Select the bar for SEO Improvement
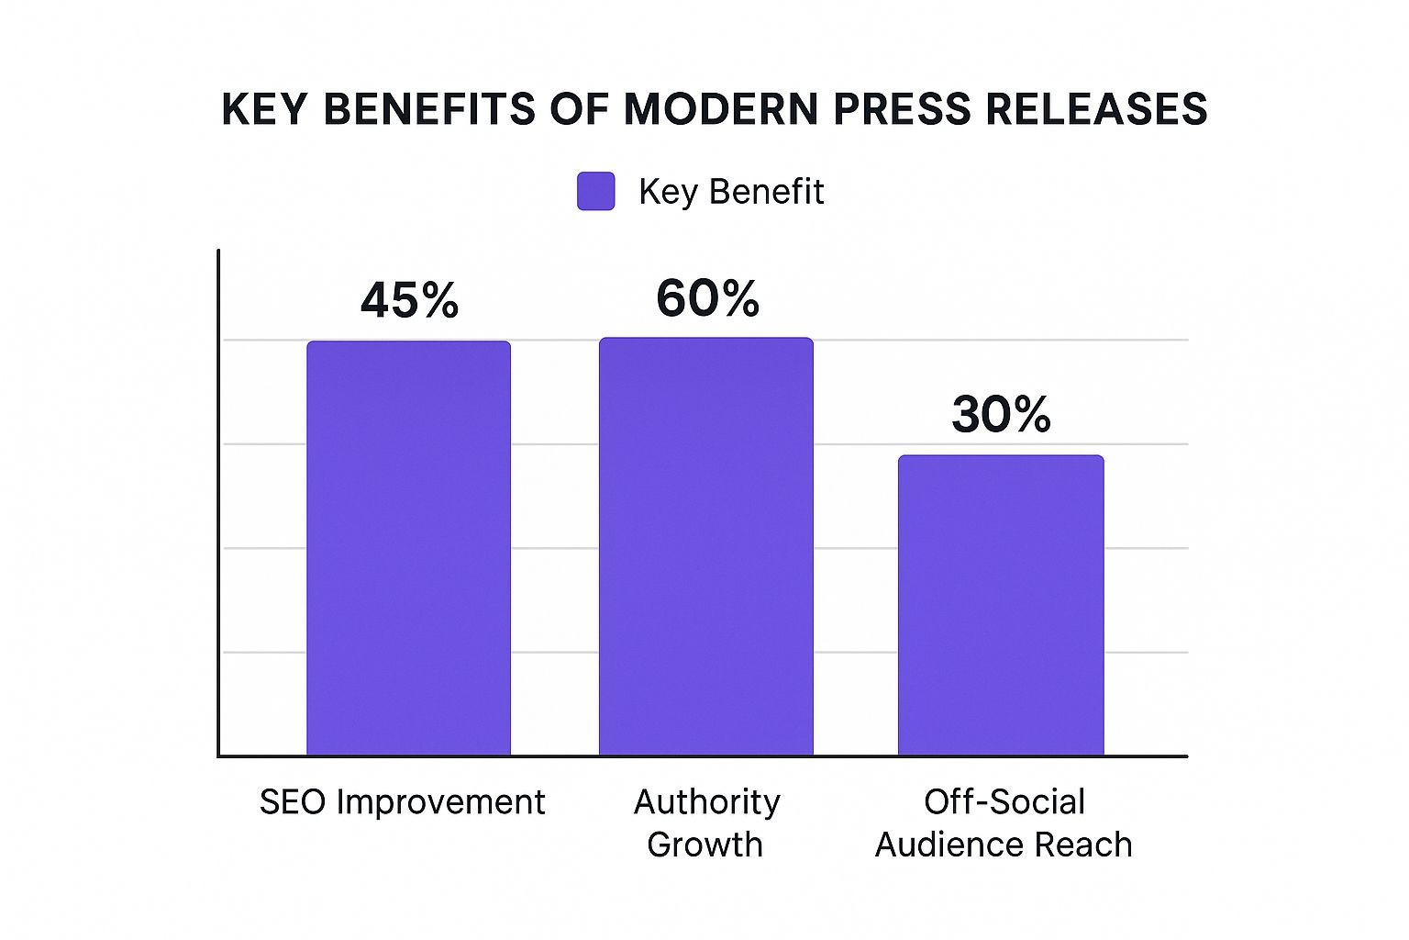[408, 548]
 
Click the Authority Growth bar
[706, 546]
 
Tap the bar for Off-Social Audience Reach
[1001, 605]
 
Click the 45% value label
[409, 300]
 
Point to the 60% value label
[707, 298]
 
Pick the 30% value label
[1001, 415]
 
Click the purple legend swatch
[595, 191]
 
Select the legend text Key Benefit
[731, 192]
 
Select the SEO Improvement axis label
[402, 802]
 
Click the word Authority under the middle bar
[706, 802]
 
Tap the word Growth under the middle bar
[704, 845]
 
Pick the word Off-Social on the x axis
[1004, 802]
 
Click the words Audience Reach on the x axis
[1004, 845]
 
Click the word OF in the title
[580, 109]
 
